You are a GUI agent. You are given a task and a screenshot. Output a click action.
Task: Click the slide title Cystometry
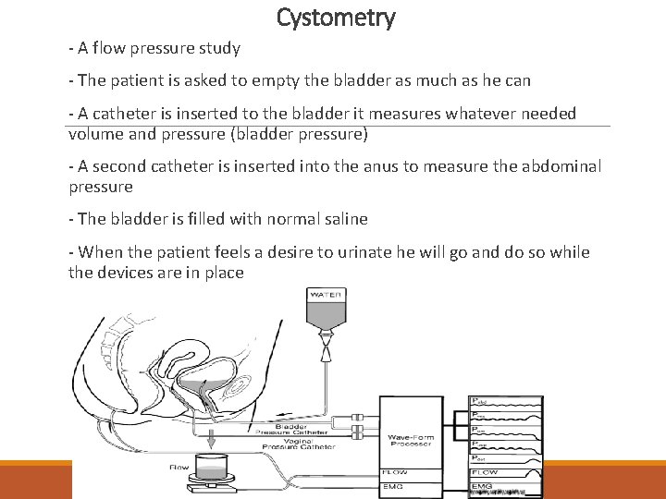point(336,18)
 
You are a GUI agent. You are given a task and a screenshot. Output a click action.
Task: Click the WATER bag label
point(326,295)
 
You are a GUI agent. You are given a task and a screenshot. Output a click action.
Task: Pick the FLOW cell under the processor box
point(395,471)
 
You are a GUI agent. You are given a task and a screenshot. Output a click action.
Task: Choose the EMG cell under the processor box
point(394,485)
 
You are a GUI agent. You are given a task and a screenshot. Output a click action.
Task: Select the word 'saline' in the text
point(342,219)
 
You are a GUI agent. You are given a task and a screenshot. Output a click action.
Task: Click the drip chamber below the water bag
point(326,350)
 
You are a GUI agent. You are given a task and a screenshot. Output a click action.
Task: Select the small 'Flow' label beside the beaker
point(179,468)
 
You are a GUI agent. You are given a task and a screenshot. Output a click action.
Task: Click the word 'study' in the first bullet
point(218,48)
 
